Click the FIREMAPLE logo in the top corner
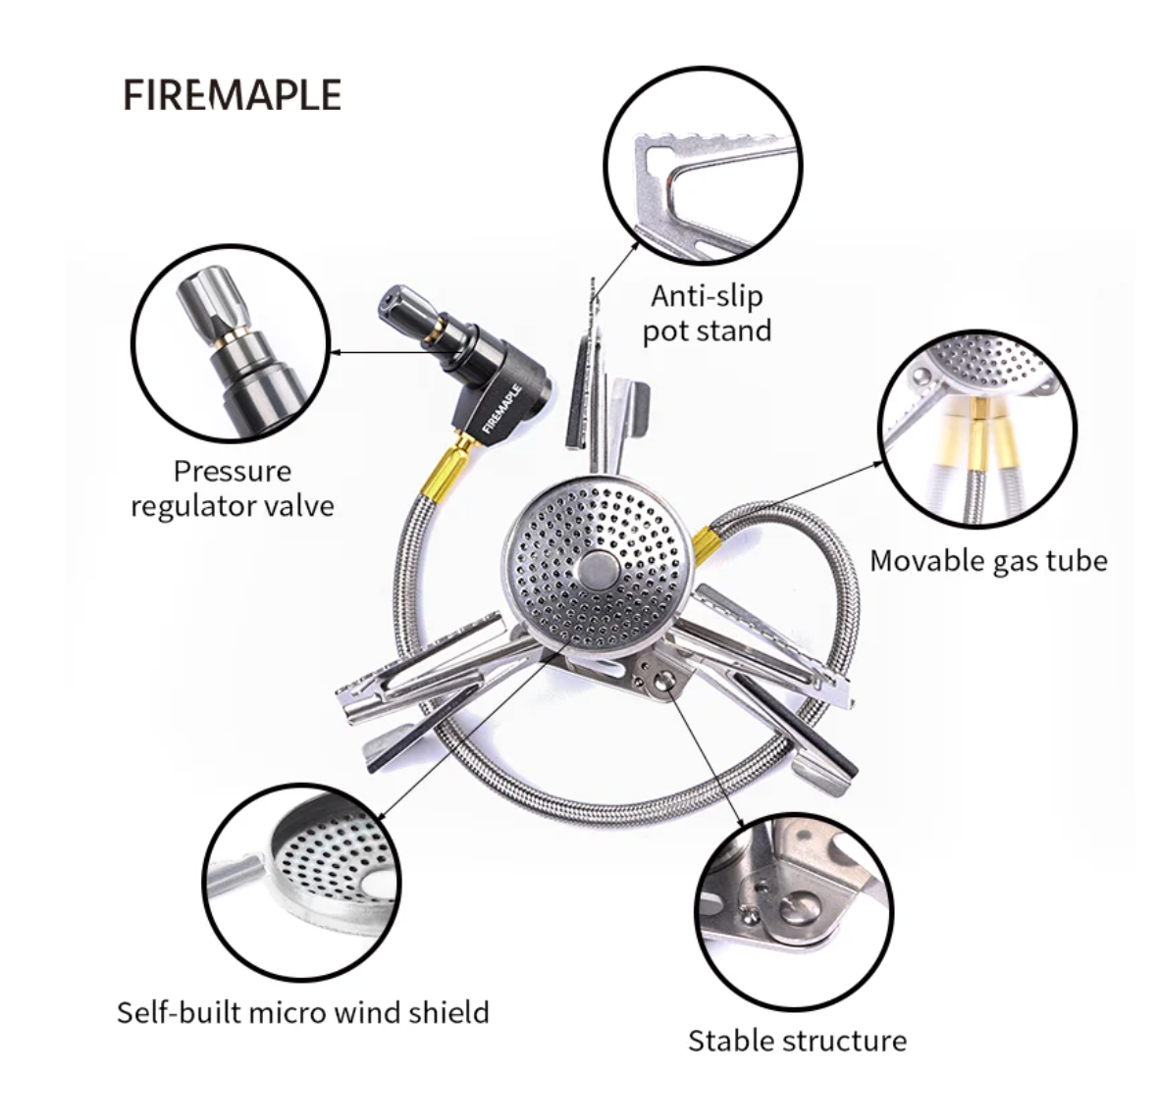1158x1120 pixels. pyautogui.click(x=232, y=94)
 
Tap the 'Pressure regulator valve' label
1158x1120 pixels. pyautogui.click(x=233, y=488)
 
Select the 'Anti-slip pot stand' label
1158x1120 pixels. pyautogui.click(x=707, y=314)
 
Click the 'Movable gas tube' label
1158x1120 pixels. pyautogui.click(x=989, y=561)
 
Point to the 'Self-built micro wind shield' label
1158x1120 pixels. pyautogui.click(x=303, y=1012)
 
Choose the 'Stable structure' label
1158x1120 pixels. pyautogui.click(x=798, y=1042)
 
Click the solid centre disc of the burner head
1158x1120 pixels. pyautogui.click(x=599, y=569)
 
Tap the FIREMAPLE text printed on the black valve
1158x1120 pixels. pyautogui.click(x=502, y=408)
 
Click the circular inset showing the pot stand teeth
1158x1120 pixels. pyautogui.click(x=704, y=166)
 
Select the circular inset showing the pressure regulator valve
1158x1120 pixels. pyautogui.click(x=231, y=344)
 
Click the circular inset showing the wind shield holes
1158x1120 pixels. pyautogui.click(x=301, y=884)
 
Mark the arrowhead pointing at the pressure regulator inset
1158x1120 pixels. pyautogui.click(x=336, y=352)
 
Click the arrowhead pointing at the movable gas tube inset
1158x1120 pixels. pyautogui.click(x=876, y=464)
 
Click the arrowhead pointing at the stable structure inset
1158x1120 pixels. pyautogui.click(x=740, y=820)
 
